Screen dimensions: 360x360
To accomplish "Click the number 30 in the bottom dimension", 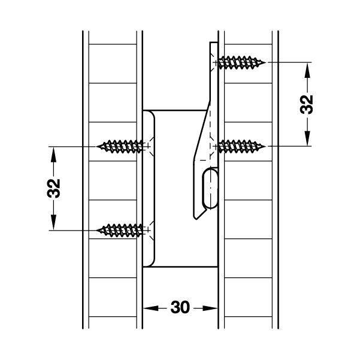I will tap(180, 308).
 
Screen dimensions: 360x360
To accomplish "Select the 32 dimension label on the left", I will tap(54, 187).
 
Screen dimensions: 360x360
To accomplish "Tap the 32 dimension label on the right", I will tap(306, 104).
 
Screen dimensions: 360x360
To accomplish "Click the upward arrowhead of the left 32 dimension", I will tap(54, 152).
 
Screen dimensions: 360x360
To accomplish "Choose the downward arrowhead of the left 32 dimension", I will tap(54, 222).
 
